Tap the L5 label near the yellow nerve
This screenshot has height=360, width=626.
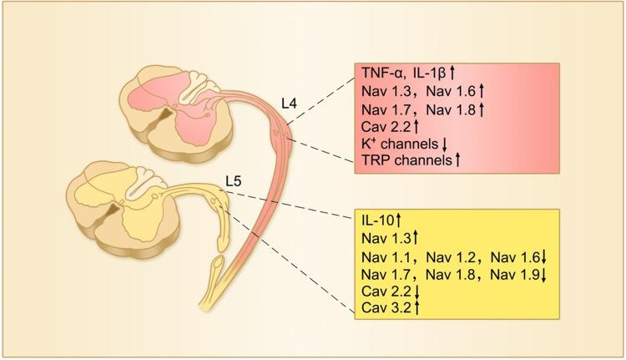point(235,180)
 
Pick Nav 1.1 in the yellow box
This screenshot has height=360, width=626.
point(386,256)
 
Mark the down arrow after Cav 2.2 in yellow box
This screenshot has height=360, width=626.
point(417,292)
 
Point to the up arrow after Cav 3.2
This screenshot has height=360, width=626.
point(417,308)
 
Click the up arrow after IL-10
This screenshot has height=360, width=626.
point(400,221)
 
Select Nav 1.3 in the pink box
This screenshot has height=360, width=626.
point(386,90)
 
